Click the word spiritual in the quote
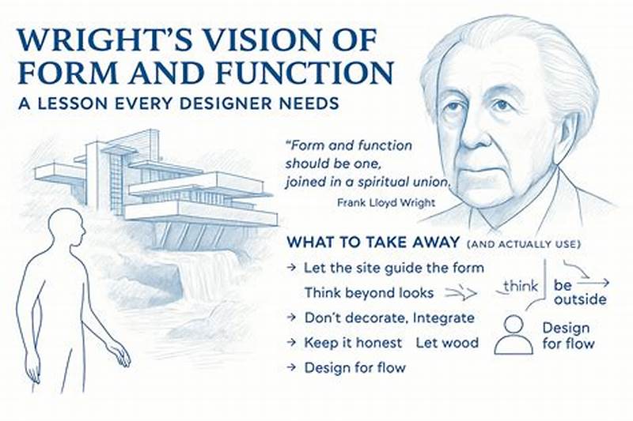379,182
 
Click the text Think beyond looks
368,292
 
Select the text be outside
581,291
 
